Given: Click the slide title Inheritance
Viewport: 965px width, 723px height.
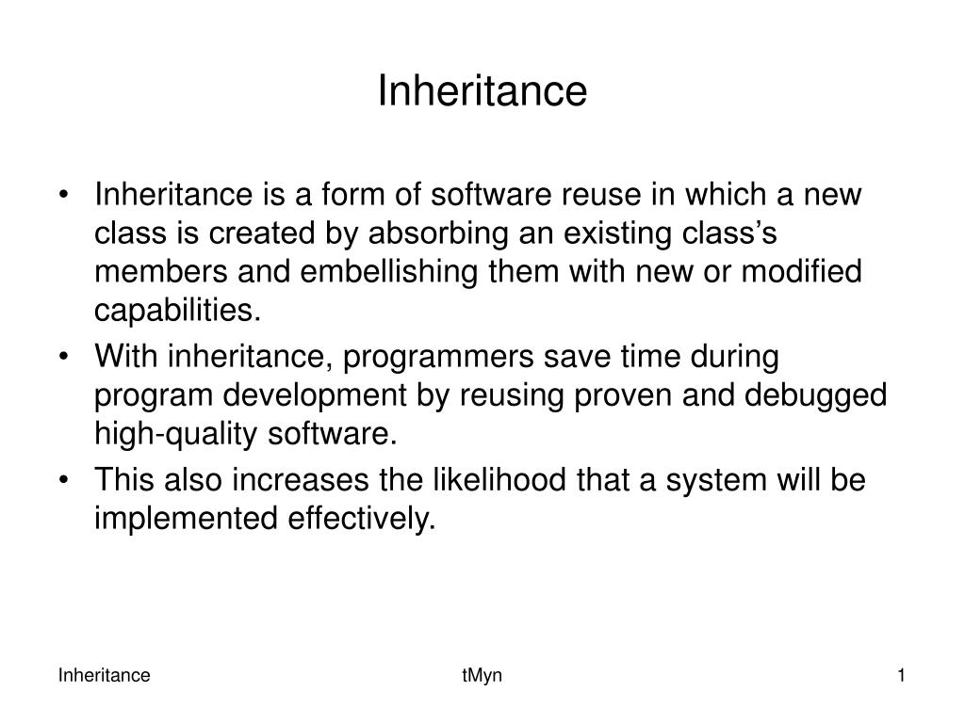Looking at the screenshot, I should [482, 91].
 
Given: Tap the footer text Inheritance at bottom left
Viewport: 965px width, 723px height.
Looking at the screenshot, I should [105, 675].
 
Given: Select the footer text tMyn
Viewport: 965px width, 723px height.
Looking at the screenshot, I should [482, 675].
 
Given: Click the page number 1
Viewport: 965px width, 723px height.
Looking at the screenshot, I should [901, 675].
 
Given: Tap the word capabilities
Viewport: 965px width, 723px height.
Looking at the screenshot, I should [176, 311].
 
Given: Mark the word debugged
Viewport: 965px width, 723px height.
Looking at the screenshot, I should [816, 396].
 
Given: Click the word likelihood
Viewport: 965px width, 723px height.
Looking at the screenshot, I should [489, 481].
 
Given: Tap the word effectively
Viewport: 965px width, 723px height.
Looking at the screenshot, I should [361, 519].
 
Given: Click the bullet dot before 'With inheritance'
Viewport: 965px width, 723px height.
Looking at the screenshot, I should [64, 359].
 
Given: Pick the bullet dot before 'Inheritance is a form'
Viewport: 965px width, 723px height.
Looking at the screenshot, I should [64, 197].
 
